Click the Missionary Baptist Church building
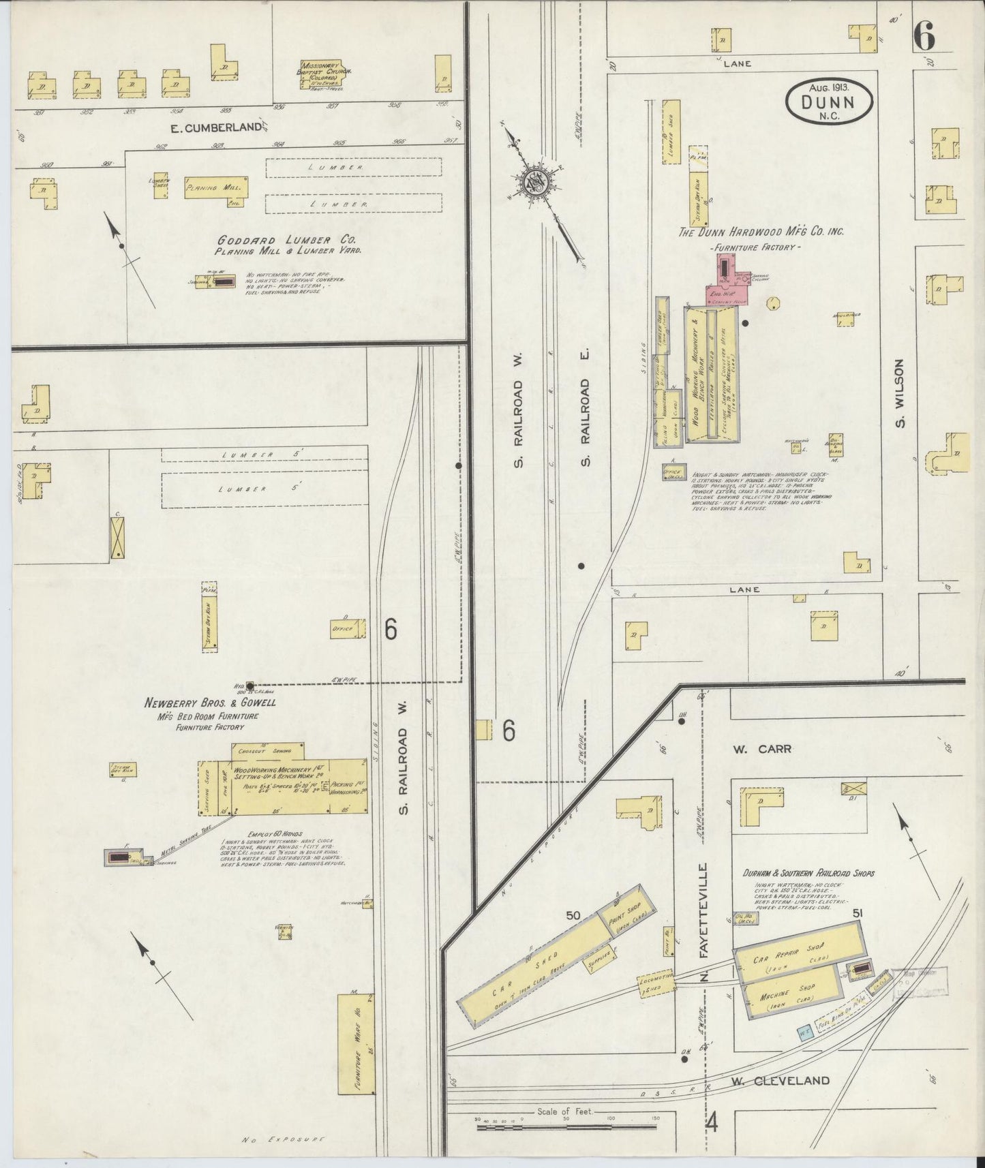[x=323, y=75]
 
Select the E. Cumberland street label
[x=216, y=127]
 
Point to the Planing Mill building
[x=216, y=187]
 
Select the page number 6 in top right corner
[x=923, y=36]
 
